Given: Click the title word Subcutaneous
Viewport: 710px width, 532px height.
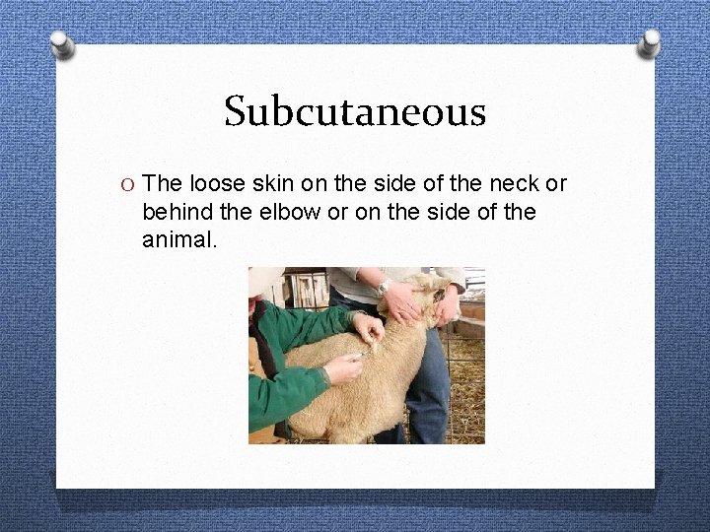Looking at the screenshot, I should (355, 111).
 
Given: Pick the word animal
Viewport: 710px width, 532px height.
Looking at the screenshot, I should (177, 238).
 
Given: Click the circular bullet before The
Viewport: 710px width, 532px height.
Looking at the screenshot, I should (124, 184).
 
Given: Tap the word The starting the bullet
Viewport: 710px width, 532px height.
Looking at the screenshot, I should (162, 183).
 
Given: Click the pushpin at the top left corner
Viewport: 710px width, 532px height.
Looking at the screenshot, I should (62, 44).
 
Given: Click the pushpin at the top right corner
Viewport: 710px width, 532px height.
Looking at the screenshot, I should (649, 41).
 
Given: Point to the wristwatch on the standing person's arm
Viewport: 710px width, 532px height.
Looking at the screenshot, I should (384, 287).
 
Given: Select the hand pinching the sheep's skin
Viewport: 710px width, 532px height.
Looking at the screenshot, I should (368, 326).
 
